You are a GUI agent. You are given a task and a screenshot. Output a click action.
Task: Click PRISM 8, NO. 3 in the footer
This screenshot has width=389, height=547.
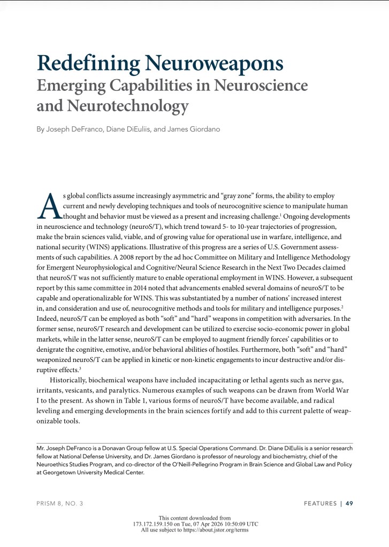(59, 503)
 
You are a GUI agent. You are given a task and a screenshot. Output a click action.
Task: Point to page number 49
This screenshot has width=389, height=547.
(349, 503)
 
